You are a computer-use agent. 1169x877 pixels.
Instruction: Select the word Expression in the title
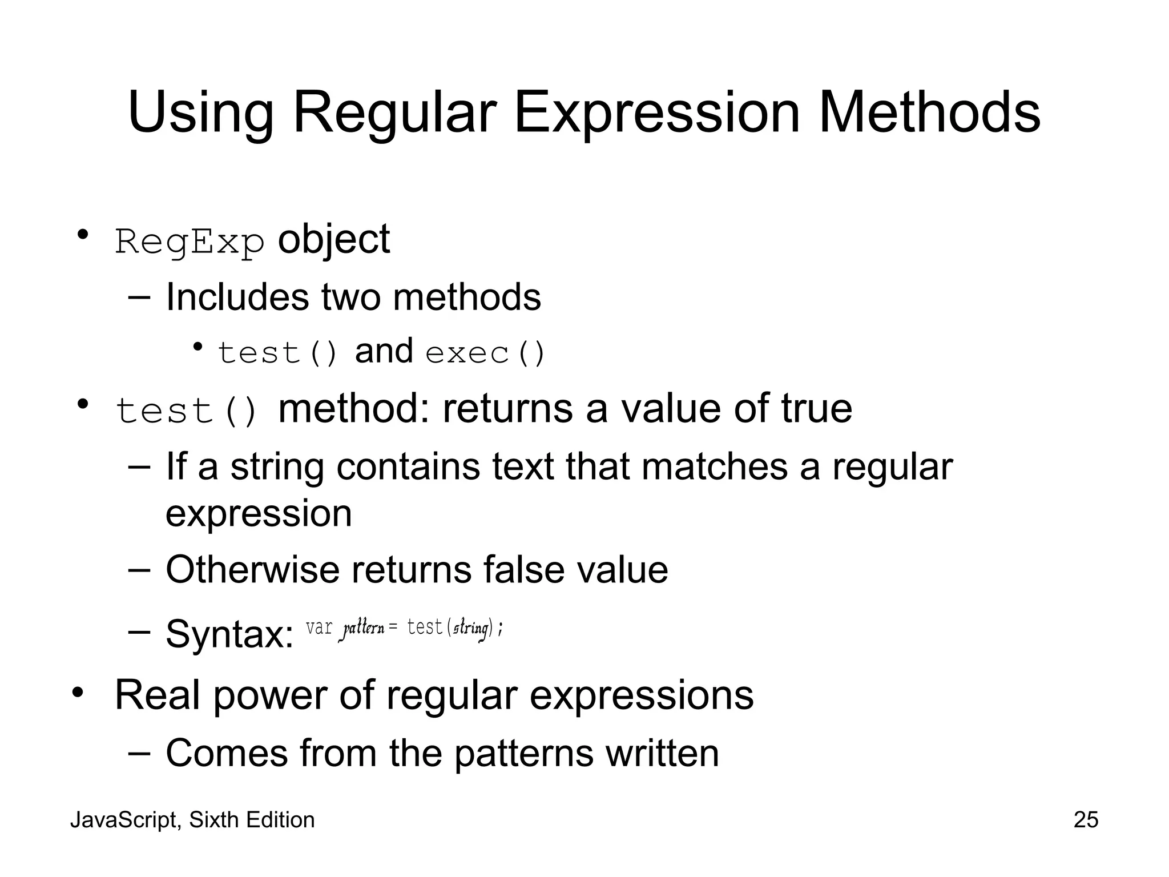click(x=656, y=114)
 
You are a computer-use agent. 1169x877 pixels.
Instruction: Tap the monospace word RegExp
click(x=190, y=242)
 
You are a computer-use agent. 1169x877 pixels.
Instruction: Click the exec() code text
click(x=486, y=353)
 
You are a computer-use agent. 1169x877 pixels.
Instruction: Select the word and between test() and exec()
click(x=384, y=351)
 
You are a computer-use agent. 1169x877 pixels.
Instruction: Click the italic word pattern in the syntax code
click(x=363, y=629)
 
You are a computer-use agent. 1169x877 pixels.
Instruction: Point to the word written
click(x=662, y=753)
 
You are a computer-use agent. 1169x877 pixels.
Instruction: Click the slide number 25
click(x=1086, y=820)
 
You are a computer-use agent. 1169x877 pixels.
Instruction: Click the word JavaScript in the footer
click(x=126, y=820)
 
